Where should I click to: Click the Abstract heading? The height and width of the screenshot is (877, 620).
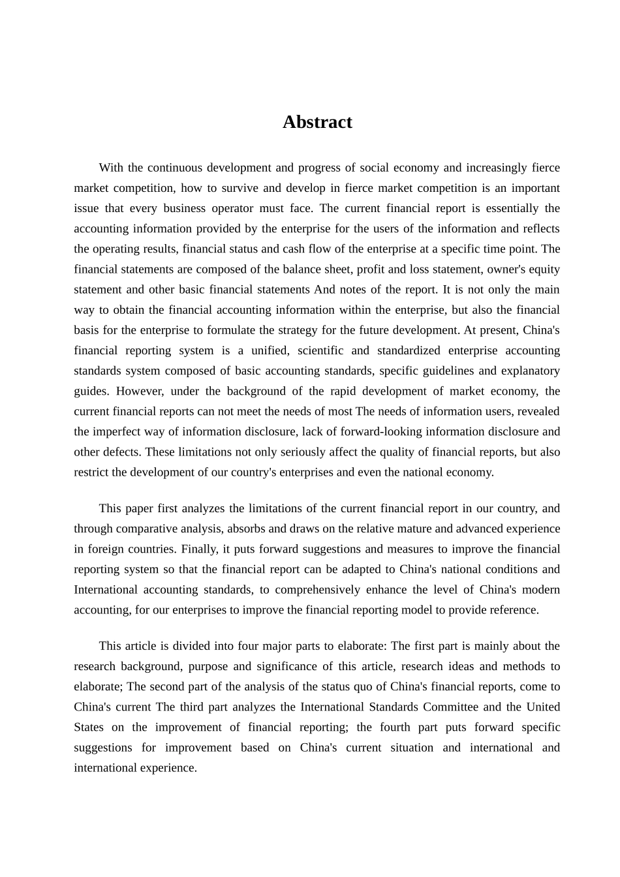[317, 122]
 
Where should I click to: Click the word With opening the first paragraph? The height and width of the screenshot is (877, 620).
[111, 168]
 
